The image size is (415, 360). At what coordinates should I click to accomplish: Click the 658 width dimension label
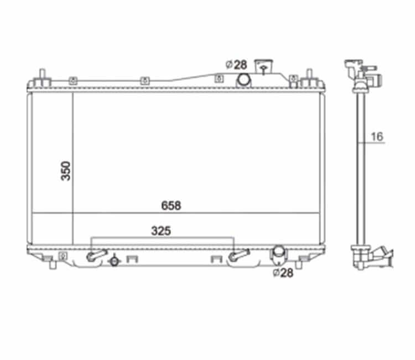pos(171,206)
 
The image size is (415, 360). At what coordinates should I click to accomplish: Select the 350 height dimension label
pos(66,171)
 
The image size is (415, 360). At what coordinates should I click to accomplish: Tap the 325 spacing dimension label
pos(161,231)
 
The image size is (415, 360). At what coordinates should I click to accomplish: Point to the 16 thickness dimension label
pos(377,137)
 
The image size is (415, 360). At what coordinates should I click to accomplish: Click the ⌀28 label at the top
pos(236,65)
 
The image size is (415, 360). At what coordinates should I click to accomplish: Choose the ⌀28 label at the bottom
pos(283,272)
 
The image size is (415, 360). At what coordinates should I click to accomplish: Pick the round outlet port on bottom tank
pos(279,251)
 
